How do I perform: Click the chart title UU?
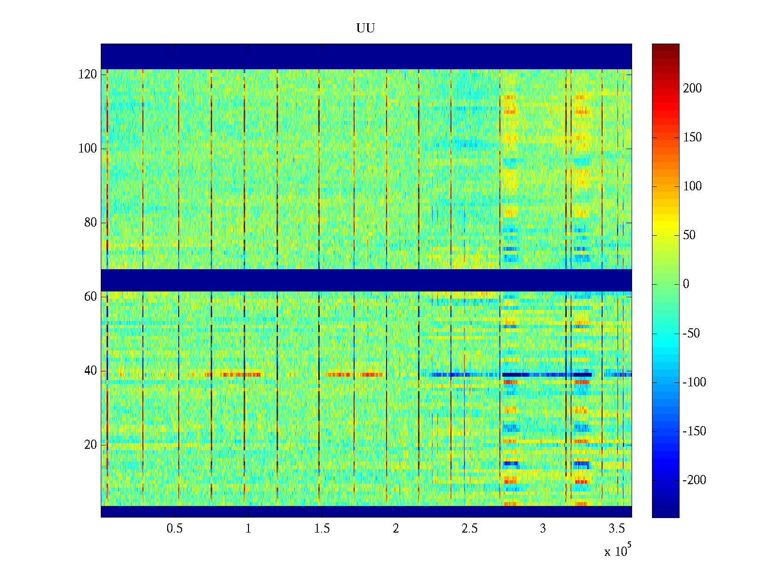point(366,29)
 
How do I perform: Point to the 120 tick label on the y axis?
point(88,75)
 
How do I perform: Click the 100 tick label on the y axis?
point(88,149)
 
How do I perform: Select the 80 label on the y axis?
point(91,223)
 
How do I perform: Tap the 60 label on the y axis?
point(91,297)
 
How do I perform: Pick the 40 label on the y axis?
point(91,371)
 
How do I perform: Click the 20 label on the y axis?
point(91,445)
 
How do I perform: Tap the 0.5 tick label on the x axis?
point(174,529)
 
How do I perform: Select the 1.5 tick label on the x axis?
point(322,529)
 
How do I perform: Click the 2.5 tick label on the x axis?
point(469,529)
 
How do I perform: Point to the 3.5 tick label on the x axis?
point(617,529)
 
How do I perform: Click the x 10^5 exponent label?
point(618,550)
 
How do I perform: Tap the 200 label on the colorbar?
point(692,89)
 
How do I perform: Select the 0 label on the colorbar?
point(686,284)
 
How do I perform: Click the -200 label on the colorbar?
point(694,480)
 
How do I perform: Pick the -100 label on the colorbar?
point(694,382)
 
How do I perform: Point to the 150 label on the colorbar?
point(692,138)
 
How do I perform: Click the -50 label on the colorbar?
point(691,334)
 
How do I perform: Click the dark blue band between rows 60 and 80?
point(366,280)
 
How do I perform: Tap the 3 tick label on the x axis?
point(543,529)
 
